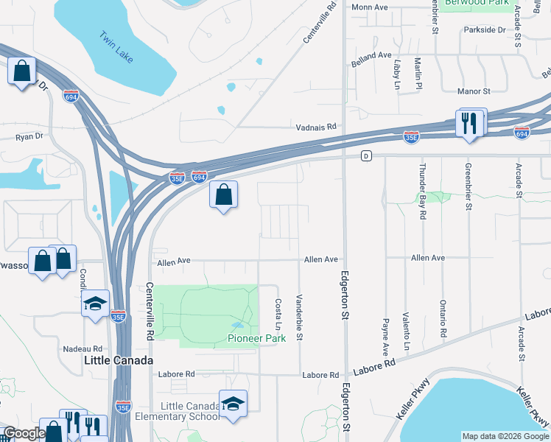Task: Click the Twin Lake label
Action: (x=116, y=46)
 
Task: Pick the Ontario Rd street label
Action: (x=443, y=319)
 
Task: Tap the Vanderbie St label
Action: (x=299, y=318)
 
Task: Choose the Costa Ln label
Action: (x=278, y=315)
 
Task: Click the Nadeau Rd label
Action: (x=82, y=348)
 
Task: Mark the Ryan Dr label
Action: (x=29, y=136)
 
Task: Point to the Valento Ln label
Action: (x=406, y=330)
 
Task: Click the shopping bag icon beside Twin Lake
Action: (x=23, y=72)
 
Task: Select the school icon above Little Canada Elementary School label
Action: (x=233, y=403)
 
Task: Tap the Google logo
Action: (x=24, y=433)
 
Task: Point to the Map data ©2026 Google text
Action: (x=504, y=436)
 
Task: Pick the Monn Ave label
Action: (x=370, y=7)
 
